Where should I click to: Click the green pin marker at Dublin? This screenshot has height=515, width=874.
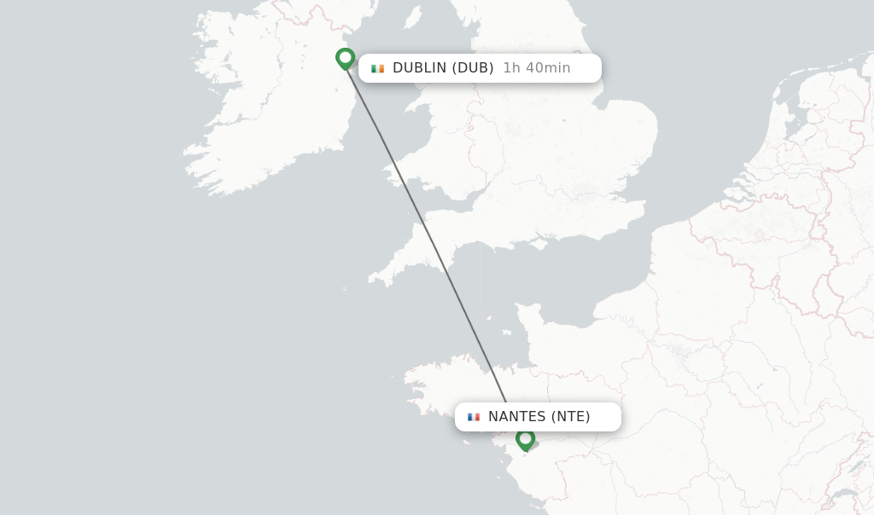click(345, 58)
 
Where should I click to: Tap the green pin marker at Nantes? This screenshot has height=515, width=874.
click(525, 439)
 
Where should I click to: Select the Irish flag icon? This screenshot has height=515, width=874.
click(377, 68)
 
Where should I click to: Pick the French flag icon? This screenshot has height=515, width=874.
click(474, 417)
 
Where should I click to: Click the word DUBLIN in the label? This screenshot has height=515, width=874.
click(419, 68)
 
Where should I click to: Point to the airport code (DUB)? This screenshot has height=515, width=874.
click(473, 68)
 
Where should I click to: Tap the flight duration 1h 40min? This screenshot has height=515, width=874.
click(536, 68)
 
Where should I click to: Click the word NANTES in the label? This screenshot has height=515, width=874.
click(516, 417)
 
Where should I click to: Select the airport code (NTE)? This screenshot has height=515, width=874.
click(570, 417)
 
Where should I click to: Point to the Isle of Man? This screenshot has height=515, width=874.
click(413, 17)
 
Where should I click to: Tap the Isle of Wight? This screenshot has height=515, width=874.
click(539, 244)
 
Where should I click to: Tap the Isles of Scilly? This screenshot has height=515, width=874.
click(344, 289)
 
